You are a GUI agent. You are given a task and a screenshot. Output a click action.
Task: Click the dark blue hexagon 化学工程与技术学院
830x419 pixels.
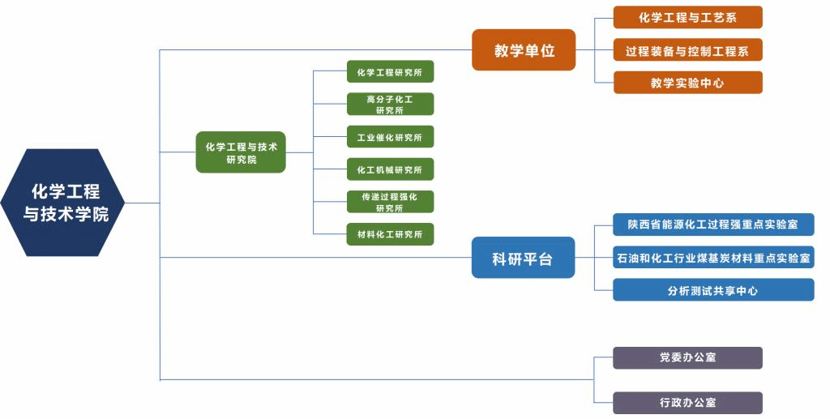click(65, 203)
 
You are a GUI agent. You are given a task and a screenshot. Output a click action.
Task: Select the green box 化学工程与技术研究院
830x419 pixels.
click(241, 152)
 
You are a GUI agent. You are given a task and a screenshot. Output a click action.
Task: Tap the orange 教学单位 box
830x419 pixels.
click(524, 50)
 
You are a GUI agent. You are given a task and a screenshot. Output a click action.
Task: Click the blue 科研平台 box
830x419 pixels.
click(523, 259)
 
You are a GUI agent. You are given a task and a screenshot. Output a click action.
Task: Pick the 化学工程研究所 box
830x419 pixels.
click(390, 72)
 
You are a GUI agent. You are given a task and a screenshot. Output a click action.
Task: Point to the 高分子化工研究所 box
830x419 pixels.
click(390, 105)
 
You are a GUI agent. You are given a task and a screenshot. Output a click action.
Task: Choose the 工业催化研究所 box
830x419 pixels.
click(390, 137)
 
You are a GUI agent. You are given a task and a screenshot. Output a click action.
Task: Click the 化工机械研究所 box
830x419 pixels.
click(390, 169)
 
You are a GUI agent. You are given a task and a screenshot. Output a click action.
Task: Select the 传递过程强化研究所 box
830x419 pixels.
click(390, 202)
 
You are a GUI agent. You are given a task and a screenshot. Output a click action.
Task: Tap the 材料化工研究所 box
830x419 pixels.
click(390, 234)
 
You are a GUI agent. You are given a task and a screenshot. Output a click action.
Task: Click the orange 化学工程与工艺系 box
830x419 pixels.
click(687, 18)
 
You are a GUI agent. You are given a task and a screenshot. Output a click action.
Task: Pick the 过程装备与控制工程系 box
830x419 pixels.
click(687, 50)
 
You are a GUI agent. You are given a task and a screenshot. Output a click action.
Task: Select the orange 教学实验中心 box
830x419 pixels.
click(687, 83)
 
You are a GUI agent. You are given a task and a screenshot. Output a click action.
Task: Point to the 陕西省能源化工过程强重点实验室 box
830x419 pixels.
click(713, 224)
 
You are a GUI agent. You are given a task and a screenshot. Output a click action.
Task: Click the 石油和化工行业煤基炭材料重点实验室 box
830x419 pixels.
click(713, 258)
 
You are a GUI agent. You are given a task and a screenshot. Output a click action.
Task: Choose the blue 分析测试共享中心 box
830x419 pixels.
click(713, 290)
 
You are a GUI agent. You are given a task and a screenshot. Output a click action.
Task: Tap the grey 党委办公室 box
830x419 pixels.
click(687, 357)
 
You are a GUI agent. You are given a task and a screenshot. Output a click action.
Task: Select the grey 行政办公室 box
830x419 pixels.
click(687, 403)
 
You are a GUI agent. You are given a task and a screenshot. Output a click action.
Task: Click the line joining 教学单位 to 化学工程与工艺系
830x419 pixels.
click(604, 18)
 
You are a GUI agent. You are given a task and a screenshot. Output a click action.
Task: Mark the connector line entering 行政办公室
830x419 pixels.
click(604, 403)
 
